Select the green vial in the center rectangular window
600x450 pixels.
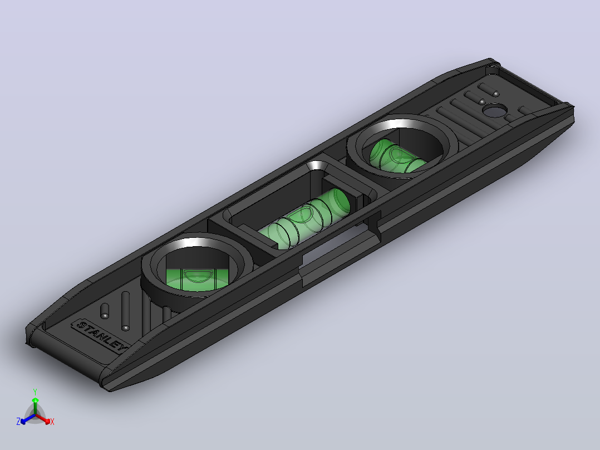[x=304, y=219]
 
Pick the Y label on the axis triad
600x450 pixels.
[x=35, y=392]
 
